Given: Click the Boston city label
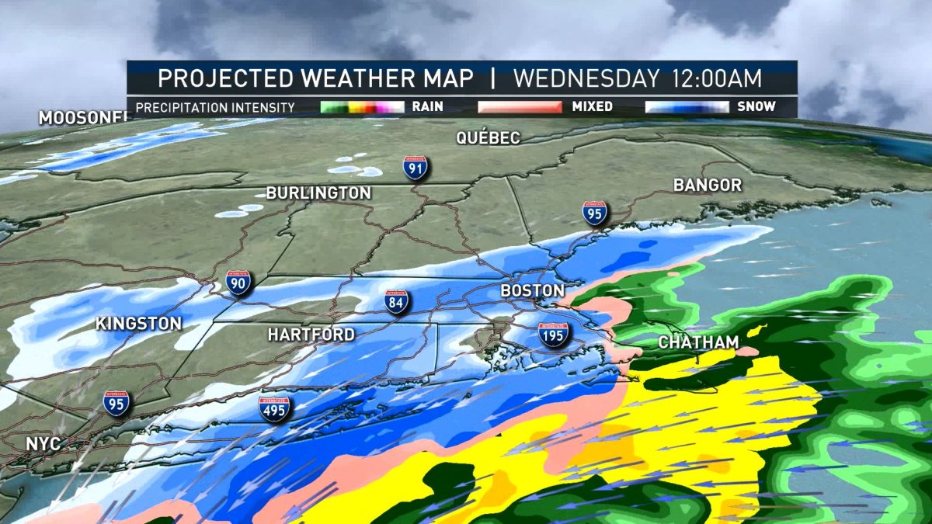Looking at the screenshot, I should pyautogui.click(x=532, y=290).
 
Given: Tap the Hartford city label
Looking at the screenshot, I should pyautogui.click(x=311, y=335).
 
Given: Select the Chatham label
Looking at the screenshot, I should pyautogui.click(x=698, y=342).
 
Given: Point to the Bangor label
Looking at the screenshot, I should pyautogui.click(x=707, y=186).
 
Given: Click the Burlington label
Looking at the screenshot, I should pyautogui.click(x=318, y=193).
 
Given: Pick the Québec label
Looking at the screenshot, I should pyautogui.click(x=488, y=138).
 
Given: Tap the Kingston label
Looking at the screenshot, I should pyautogui.click(x=139, y=324).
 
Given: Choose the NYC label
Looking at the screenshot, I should pyautogui.click(x=43, y=443).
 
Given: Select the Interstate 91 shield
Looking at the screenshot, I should pyautogui.click(x=415, y=168).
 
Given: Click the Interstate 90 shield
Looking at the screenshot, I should pyautogui.click(x=238, y=283).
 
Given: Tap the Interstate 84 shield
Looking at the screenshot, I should pyautogui.click(x=396, y=303).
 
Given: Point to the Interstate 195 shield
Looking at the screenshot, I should pyautogui.click(x=554, y=335).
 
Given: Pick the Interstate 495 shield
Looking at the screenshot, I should pyautogui.click(x=274, y=408).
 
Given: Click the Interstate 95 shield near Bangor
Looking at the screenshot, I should pyautogui.click(x=594, y=213).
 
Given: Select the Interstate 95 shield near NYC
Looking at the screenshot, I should pyautogui.click(x=116, y=403).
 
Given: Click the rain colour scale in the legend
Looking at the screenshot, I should pyautogui.click(x=362, y=106).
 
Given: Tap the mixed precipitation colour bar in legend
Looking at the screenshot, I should pyautogui.click(x=520, y=106).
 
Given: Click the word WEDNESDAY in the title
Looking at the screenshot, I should pyautogui.click(x=582, y=78).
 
